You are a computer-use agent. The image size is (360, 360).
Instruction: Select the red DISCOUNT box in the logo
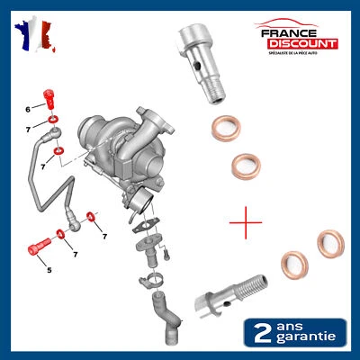[x=297, y=43]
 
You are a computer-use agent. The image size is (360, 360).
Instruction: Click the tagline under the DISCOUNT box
[x=297, y=53]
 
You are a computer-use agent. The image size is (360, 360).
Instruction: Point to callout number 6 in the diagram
[x=29, y=109]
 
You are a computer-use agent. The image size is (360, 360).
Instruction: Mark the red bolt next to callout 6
[x=51, y=98]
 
